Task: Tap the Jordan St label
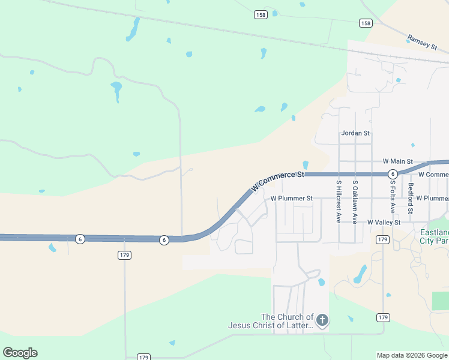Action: click(x=355, y=133)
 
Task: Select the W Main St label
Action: click(x=397, y=161)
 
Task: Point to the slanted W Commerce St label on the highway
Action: click(x=278, y=180)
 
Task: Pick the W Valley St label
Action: click(x=384, y=222)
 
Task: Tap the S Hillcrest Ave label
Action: click(x=339, y=202)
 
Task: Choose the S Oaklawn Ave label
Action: click(x=355, y=202)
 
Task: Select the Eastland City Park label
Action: click(x=432, y=237)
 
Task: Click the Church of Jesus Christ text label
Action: click(x=271, y=322)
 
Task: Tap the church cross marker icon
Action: click(x=322, y=320)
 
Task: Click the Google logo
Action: click(x=20, y=353)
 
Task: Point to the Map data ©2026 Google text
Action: click(x=412, y=355)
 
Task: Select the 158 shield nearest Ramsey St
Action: click(x=365, y=23)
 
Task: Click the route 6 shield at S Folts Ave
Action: click(x=392, y=174)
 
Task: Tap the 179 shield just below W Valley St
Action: click(x=382, y=239)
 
